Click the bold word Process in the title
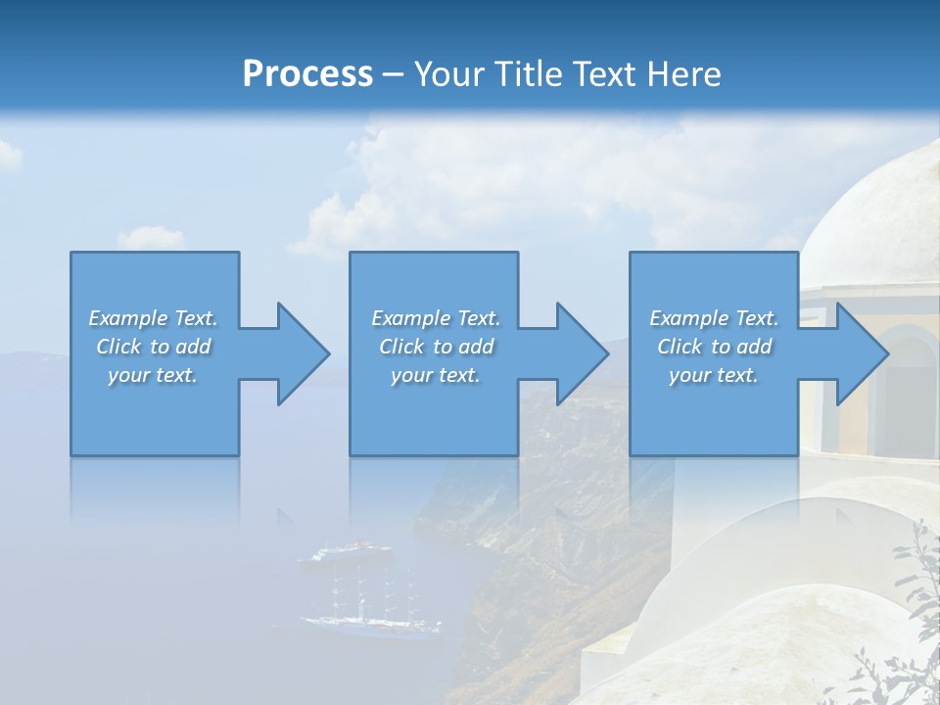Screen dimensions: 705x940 tap(307, 74)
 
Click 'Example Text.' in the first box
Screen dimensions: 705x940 tap(154, 318)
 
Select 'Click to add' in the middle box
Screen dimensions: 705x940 tap(436, 347)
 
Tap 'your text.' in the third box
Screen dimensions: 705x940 tap(714, 375)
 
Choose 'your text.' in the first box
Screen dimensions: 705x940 tap(154, 375)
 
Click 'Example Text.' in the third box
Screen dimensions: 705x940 tap(714, 318)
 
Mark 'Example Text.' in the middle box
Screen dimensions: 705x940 tap(436, 318)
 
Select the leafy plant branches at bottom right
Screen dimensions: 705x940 tap(906, 627)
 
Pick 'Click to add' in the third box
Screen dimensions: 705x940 tap(714, 347)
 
